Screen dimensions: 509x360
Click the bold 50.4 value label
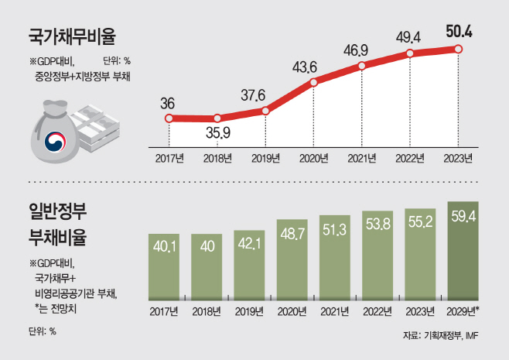459,32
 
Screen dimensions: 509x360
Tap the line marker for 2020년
313,83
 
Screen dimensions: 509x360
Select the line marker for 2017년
169,118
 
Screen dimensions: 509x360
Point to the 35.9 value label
218,132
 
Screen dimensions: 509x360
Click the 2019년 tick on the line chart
265,159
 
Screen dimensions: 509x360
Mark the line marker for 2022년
410,53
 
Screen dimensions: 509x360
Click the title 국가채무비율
72,36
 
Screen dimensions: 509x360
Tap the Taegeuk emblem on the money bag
55,142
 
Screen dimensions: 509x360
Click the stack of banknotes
96,128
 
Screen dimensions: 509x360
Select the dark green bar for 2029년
463,251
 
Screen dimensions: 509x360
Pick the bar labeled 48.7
292,259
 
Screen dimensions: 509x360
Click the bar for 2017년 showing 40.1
164,267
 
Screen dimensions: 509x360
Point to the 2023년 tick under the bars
420,311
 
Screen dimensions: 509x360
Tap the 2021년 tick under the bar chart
335,311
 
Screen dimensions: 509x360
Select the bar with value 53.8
377,255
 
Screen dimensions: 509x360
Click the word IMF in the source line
472,336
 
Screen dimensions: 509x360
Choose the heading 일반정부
58,211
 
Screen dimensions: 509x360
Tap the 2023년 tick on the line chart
458,159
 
